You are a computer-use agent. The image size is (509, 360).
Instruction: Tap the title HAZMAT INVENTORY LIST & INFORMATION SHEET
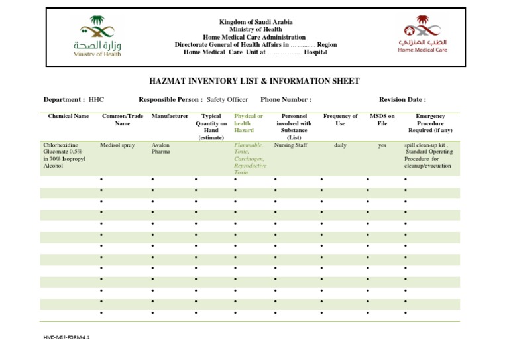pyautogui.click(x=254, y=81)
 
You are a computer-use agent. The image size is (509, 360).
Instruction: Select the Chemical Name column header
pyautogui.click(x=68, y=117)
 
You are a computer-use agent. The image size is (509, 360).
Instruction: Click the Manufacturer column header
pyautogui.click(x=170, y=117)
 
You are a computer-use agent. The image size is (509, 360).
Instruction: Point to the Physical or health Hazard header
pyautogui.click(x=248, y=123)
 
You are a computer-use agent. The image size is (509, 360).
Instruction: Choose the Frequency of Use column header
pyautogui.click(x=340, y=120)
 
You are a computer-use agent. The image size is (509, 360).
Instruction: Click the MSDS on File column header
pyautogui.click(x=382, y=120)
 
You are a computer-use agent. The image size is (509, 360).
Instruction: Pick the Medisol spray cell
pyautogui.click(x=117, y=145)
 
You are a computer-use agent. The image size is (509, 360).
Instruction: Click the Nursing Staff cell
pyautogui.click(x=290, y=145)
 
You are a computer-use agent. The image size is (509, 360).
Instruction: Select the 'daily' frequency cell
pyautogui.click(x=340, y=145)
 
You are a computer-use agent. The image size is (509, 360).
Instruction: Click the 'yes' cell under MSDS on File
pyautogui.click(x=382, y=145)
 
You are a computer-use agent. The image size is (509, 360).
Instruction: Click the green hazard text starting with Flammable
pyautogui.click(x=249, y=158)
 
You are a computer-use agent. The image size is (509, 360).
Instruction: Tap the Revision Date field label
pyautogui.click(x=402, y=100)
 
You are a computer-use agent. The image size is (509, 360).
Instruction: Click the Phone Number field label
pyautogui.click(x=286, y=100)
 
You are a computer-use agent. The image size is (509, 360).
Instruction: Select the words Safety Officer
pyautogui.click(x=227, y=100)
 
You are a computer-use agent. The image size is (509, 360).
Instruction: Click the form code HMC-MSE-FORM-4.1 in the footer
pyautogui.click(x=66, y=337)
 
